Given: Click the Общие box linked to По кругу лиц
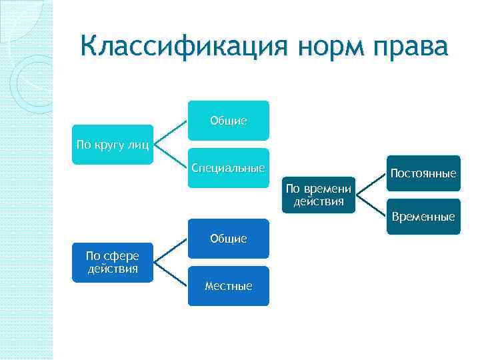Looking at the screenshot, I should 228,121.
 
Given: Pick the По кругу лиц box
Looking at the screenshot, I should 113,144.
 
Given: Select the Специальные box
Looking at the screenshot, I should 228,167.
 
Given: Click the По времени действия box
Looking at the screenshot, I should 319,195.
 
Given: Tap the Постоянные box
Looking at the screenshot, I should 423,174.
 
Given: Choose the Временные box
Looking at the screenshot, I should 423,217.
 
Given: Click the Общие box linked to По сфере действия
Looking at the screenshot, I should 228,238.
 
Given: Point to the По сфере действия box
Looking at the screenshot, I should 113,263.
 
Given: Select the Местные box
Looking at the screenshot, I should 228,286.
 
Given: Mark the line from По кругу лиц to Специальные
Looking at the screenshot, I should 171,156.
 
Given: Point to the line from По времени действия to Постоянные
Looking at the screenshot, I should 371,185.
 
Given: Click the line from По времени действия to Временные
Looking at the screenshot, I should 371,205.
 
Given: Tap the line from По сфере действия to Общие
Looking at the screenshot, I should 171,250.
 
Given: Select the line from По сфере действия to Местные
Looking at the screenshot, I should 171,274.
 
